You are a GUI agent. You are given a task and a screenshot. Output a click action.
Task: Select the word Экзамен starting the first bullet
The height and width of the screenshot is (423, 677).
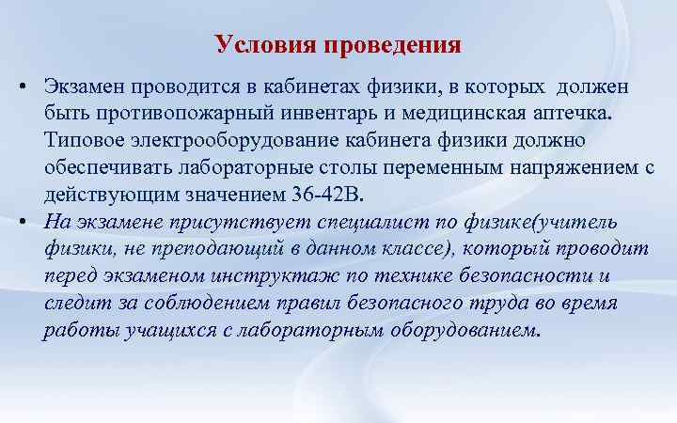83,87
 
